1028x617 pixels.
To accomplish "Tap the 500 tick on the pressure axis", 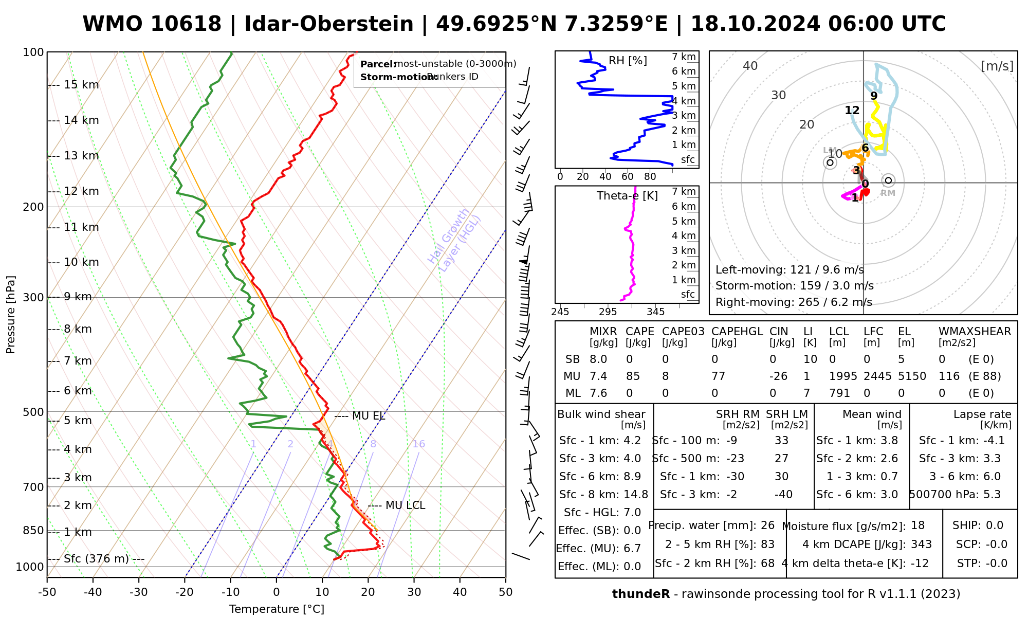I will pyautogui.click(x=34, y=412).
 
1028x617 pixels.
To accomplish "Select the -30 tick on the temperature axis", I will pyautogui.click(x=139, y=592).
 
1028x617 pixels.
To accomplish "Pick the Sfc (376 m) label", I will pyautogui.click(x=96, y=559).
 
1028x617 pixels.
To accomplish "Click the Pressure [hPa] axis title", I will pyautogui.click(x=11, y=315).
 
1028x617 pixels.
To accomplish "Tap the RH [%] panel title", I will pyautogui.click(x=628, y=61).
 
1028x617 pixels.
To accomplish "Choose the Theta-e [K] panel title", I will pyautogui.click(x=627, y=196).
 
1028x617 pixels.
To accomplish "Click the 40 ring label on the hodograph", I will pyautogui.click(x=750, y=66).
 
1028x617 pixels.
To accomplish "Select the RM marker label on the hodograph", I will pyautogui.click(x=888, y=193).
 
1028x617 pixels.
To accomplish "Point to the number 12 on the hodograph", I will pyautogui.click(x=852, y=110).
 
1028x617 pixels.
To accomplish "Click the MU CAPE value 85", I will pyautogui.click(x=633, y=376).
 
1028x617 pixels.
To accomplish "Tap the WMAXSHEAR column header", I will pyautogui.click(x=975, y=332).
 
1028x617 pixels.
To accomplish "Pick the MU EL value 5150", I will pyautogui.click(x=912, y=376).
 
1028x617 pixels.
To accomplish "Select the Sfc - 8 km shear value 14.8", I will pyautogui.click(x=636, y=495).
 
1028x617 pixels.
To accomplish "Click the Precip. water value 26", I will pyautogui.click(x=767, y=525).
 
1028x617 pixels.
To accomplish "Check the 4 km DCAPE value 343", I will pyautogui.click(x=921, y=545).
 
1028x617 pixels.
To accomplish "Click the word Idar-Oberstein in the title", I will pyautogui.click(x=328, y=24).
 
